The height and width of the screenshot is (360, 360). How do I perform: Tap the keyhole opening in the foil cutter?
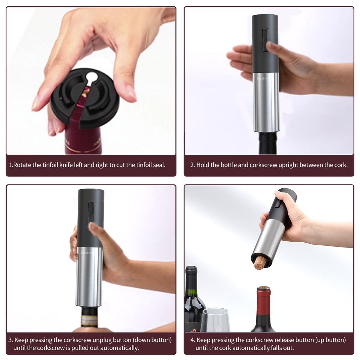(92, 78)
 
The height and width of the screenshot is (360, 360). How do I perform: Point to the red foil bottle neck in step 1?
(84, 141)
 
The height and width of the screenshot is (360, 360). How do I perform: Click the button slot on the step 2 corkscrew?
(265, 39)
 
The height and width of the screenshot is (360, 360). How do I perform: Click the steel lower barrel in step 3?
(89, 278)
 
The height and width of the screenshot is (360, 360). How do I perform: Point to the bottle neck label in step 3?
(89, 320)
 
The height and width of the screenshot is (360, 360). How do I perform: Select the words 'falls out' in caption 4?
(282, 348)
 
